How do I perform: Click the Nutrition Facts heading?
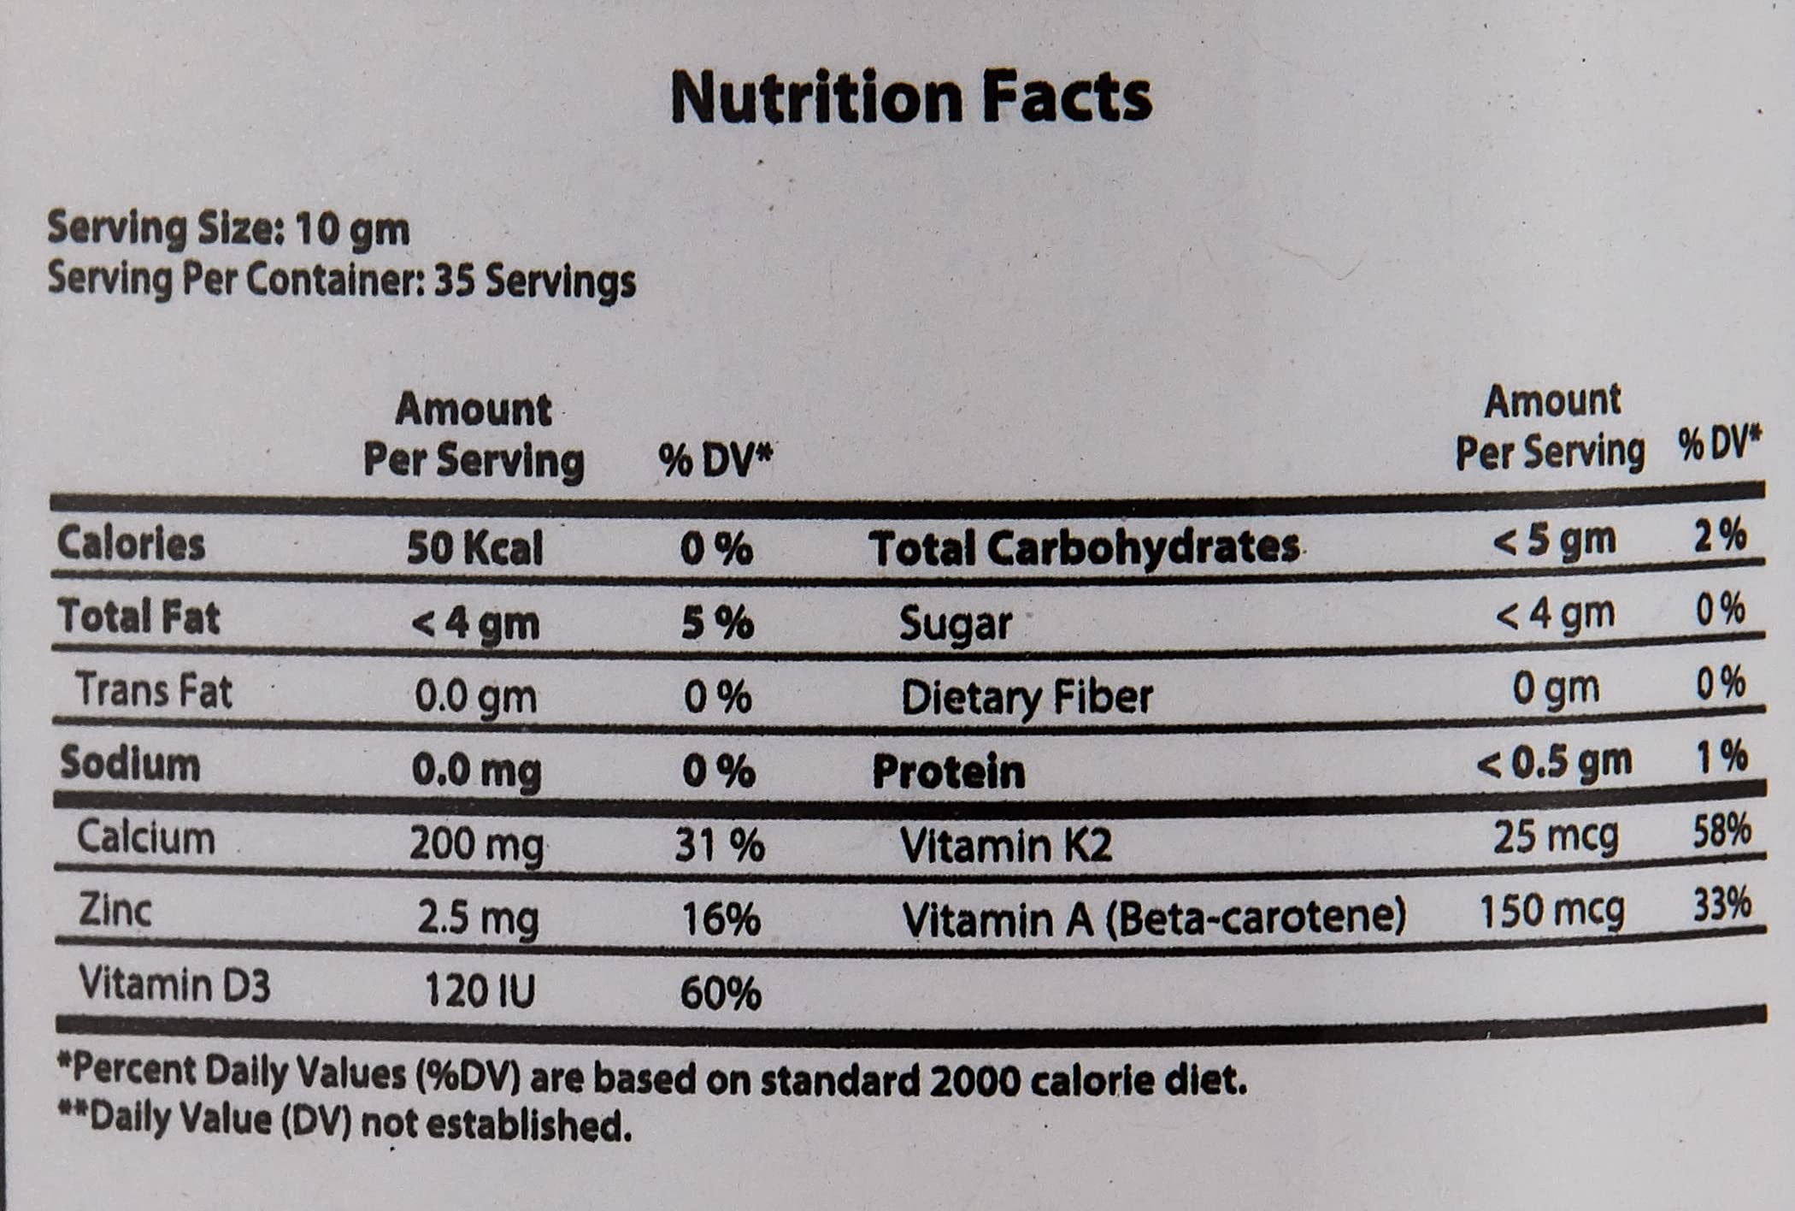(x=911, y=97)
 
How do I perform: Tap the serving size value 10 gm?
(x=352, y=229)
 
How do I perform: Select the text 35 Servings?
(x=535, y=281)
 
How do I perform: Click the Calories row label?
(x=131, y=544)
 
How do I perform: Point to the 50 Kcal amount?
(x=474, y=548)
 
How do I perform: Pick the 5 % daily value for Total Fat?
(x=717, y=623)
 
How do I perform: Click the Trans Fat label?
(x=154, y=690)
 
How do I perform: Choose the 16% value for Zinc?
(x=721, y=919)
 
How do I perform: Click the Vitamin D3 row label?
(x=174, y=984)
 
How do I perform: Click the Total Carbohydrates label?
(x=1084, y=547)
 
